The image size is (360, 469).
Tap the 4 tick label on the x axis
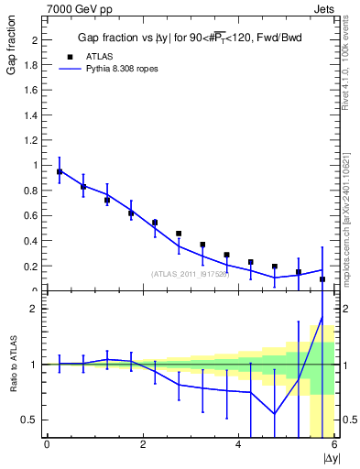(238, 445)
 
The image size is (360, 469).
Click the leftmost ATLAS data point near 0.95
(60, 171)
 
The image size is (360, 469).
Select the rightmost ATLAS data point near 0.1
(322, 278)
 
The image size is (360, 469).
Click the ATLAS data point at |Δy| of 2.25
(155, 223)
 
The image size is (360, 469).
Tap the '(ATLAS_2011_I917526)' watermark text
(191, 273)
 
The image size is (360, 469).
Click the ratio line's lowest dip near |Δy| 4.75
(275, 413)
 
